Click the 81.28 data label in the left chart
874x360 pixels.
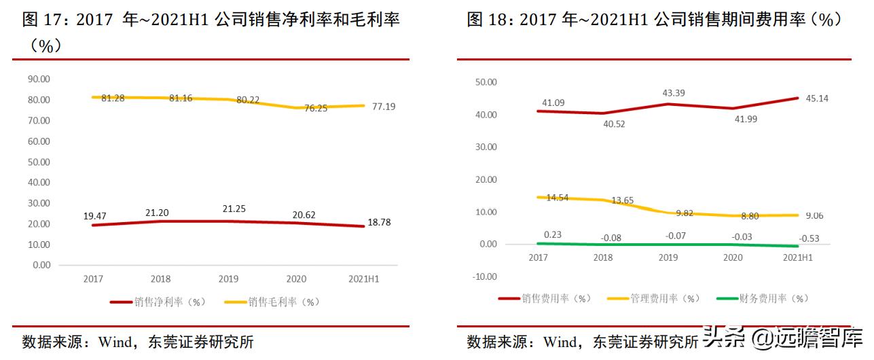113,98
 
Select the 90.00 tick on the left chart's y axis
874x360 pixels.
39,79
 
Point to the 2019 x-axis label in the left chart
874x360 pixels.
228,278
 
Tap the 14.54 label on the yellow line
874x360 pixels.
554,198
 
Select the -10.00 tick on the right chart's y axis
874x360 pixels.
486,276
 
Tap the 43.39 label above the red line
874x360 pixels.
669,92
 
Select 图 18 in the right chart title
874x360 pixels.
488,20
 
